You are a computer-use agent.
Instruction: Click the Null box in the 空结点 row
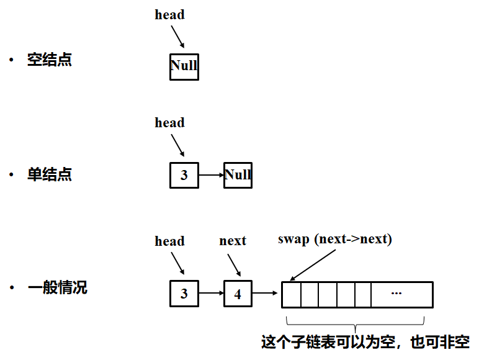tap(184, 66)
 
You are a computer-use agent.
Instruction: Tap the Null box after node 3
tap(238, 175)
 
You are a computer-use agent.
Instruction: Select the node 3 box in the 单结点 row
tap(184, 175)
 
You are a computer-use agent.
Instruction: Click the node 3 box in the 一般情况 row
tap(184, 294)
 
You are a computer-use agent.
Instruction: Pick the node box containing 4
tap(238, 294)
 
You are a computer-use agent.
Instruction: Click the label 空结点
tap(49, 60)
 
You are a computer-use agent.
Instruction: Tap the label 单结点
tap(49, 175)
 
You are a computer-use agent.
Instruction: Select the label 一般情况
tap(57, 288)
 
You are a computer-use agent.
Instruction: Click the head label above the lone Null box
tap(169, 15)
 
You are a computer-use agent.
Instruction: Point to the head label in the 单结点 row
tap(169, 123)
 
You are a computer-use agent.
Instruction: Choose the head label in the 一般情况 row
tap(169, 241)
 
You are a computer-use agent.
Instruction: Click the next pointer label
tap(233, 241)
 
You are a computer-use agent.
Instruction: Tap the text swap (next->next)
tap(334, 239)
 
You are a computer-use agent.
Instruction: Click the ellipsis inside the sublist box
tap(396, 293)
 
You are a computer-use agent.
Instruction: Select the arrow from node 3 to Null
tap(211, 175)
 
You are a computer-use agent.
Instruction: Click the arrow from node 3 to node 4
tap(211, 294)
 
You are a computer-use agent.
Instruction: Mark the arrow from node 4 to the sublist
tap(266, 294)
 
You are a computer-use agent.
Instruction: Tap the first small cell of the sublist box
tap(292, 294)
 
